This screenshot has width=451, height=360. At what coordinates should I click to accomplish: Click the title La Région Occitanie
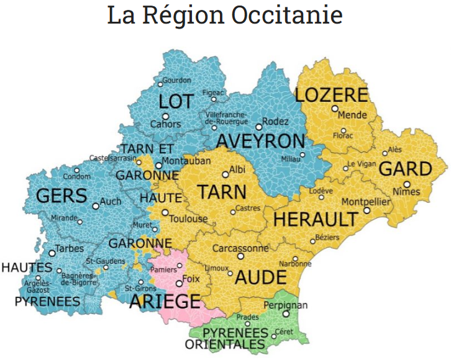pos(225,16)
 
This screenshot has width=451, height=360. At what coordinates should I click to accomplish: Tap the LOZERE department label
pos(332,95)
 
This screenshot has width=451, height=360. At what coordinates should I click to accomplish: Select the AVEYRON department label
pos(261,141)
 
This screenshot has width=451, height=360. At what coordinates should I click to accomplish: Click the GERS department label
pos(61,196)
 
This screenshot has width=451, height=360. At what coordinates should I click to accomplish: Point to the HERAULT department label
pos(316,219)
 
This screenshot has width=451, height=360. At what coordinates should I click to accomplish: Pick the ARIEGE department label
pos(165,302)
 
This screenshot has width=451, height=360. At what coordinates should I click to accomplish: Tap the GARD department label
pos(406,169)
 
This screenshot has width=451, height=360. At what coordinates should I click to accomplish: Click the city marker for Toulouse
pos(165,212)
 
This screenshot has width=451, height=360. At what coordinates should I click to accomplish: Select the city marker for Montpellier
pos(367,210)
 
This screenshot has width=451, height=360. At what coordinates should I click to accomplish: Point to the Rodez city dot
pos(259,127)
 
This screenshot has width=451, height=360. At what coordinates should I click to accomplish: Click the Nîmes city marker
pos(406,184)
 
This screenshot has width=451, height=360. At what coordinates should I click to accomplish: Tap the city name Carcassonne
pos(241,248)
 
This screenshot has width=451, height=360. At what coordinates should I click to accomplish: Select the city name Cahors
pos(166,124)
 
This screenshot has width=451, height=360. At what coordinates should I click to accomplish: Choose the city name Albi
pos(237,169)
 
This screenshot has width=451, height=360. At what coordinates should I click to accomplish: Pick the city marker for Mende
pos(335,109)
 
